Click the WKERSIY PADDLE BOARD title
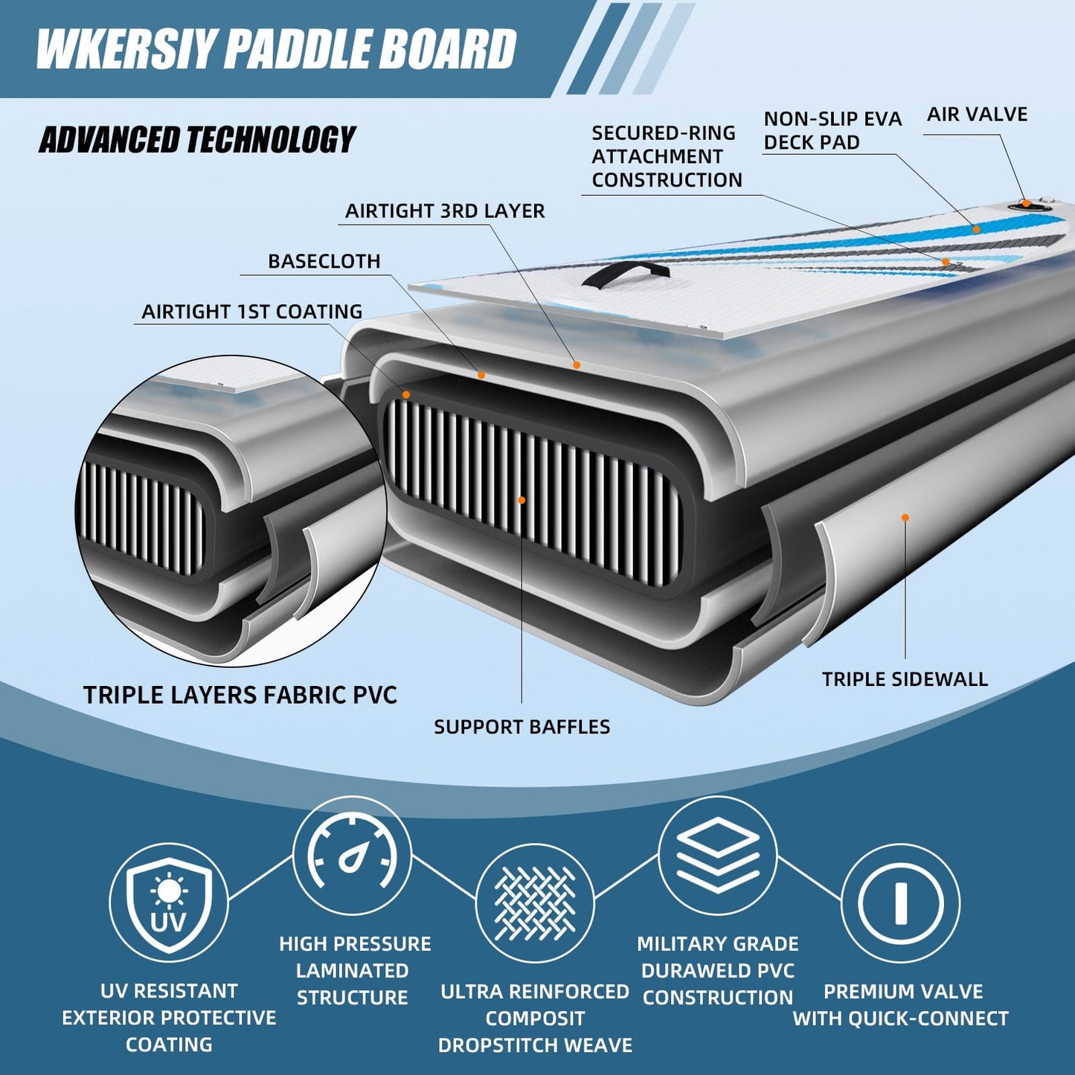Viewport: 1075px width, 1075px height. (276, 48)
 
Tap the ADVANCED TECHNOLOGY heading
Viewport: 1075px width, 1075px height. (197, 139)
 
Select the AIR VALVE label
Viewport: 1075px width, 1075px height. (977, 115)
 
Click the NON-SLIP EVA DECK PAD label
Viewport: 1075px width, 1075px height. (832, 130)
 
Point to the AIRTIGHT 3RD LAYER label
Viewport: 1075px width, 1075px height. (445, 211)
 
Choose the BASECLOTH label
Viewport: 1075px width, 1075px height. (324, 261)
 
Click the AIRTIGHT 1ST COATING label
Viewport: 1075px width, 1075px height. (252, 311)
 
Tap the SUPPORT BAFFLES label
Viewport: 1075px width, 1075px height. (522, 727)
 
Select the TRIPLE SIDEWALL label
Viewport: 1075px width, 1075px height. (905, 679)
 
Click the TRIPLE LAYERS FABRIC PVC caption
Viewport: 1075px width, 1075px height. (240, 695)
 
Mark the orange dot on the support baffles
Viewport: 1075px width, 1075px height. (522, 500)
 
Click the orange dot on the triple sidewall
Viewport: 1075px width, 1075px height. (905, 518)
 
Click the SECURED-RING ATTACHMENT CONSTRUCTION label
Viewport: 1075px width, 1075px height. (667, 157)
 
